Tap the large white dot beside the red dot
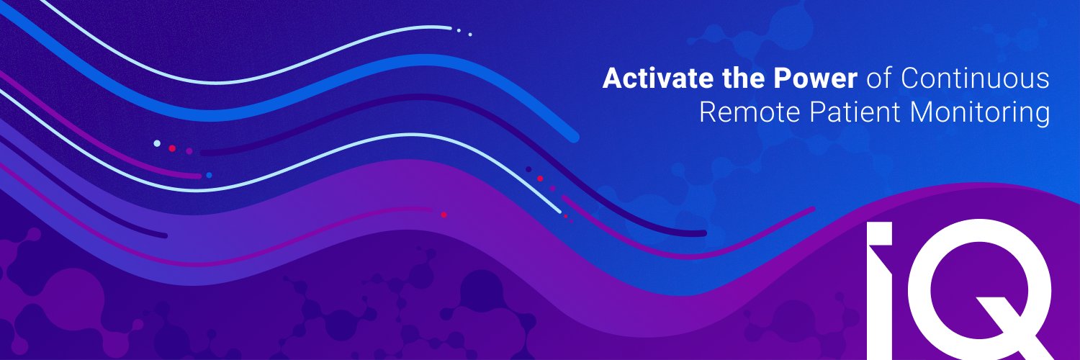click(x=157, y=143)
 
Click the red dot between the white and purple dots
click(x=172, y=148)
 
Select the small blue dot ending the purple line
click(x=209, y=175)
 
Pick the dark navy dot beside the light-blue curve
click(x=528, y=169)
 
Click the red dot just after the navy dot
click(x=540, y=178)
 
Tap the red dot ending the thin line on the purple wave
click(x=444, y=215)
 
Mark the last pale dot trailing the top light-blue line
click(x=470, y=34)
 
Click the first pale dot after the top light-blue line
click(x=459, y=30)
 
